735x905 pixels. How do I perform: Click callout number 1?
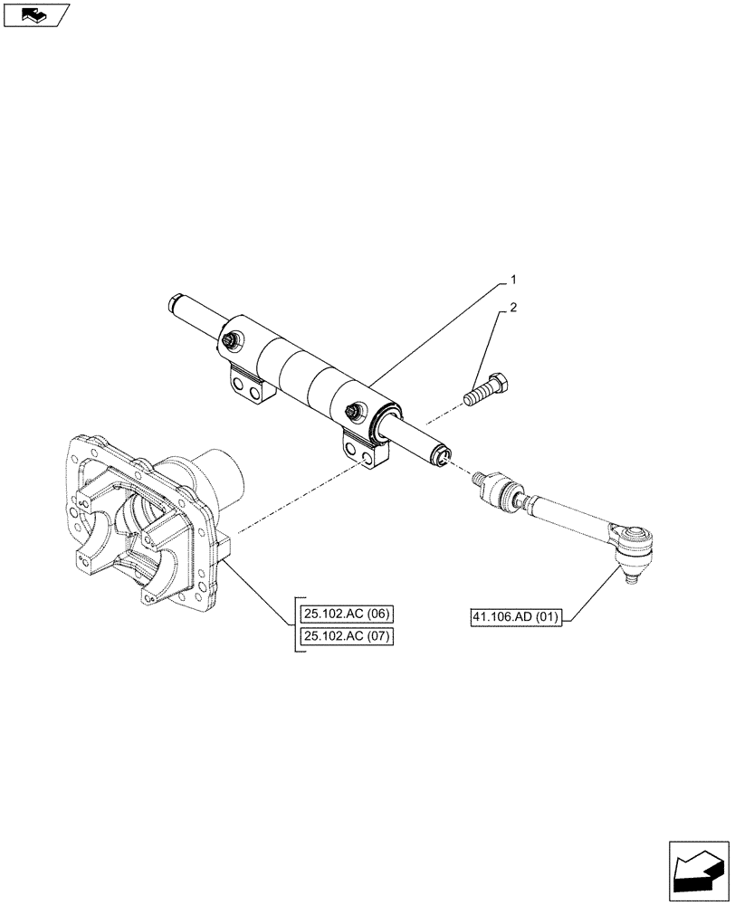pos(513,279)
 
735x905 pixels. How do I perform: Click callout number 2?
pos(514,309)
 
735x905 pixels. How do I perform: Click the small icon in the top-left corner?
pos(36,14)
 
